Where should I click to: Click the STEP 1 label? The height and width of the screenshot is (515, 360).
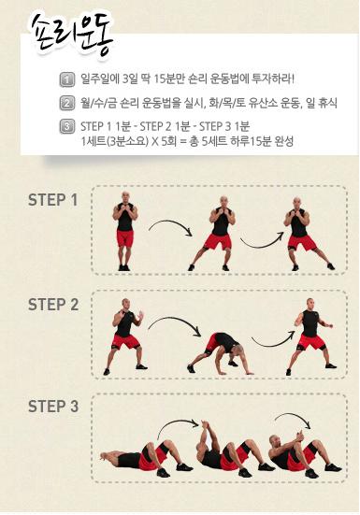click(x=53, y=200)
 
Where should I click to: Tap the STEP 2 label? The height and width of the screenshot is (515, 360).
click(x=53, y=305)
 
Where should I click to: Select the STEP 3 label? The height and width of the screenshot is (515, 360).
click(x=53, y=407)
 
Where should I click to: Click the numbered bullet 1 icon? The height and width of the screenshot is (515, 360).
click(x=66, y=79)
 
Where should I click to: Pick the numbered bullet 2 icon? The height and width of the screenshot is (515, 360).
click(x=66, y=103)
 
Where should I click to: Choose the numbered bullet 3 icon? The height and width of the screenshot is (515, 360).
click(x=66, y=126)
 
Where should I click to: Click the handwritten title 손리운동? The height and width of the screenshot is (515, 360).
click(x=71, y=36)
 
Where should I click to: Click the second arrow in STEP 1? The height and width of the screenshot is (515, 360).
click(x=261, y=243)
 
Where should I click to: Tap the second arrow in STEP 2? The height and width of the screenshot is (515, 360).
click(x=274, y=343)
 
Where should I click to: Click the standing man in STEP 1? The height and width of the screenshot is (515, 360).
click(x=124, y=231)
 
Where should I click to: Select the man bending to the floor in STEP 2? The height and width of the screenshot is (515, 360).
click(x=220, y=354)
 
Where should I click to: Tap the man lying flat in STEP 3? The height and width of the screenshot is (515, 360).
click(x=146, y=459)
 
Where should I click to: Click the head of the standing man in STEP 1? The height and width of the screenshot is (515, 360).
click(x=125, y=196)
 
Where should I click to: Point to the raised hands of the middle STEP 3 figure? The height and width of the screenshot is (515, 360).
click(x=205, y=426)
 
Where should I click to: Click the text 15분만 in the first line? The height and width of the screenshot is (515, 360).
click(x=168, y=79)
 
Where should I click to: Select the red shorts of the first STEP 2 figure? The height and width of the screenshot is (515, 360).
click(x=126, y=341)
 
